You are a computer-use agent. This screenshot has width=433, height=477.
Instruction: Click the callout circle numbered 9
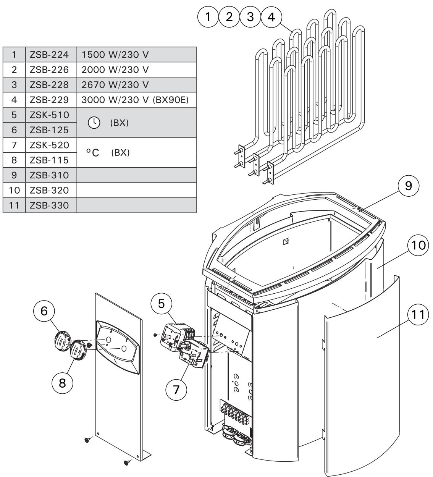tap(408, 186)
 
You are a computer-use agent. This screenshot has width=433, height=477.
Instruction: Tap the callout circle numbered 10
tap(418, 246)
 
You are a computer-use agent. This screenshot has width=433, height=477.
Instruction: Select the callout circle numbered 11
tap(418, 315)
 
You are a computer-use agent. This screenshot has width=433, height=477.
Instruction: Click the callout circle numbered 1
tap(208, 17)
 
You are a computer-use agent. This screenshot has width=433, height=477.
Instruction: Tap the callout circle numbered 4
tap(271, 17)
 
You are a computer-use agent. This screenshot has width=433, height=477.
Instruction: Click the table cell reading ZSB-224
tap(51, 55)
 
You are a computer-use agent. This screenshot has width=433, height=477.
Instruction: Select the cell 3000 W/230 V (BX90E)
tap(136, 100)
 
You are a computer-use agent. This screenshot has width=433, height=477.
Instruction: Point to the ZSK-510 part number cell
tap(51, 115)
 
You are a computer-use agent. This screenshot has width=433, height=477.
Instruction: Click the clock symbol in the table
tap(93, 123)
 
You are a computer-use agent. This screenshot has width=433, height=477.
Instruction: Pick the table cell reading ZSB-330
tap(51, 205)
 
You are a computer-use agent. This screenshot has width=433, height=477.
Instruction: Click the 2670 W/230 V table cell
tap(136, 85)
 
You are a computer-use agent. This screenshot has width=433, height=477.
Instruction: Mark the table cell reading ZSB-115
tap(51, 160)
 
